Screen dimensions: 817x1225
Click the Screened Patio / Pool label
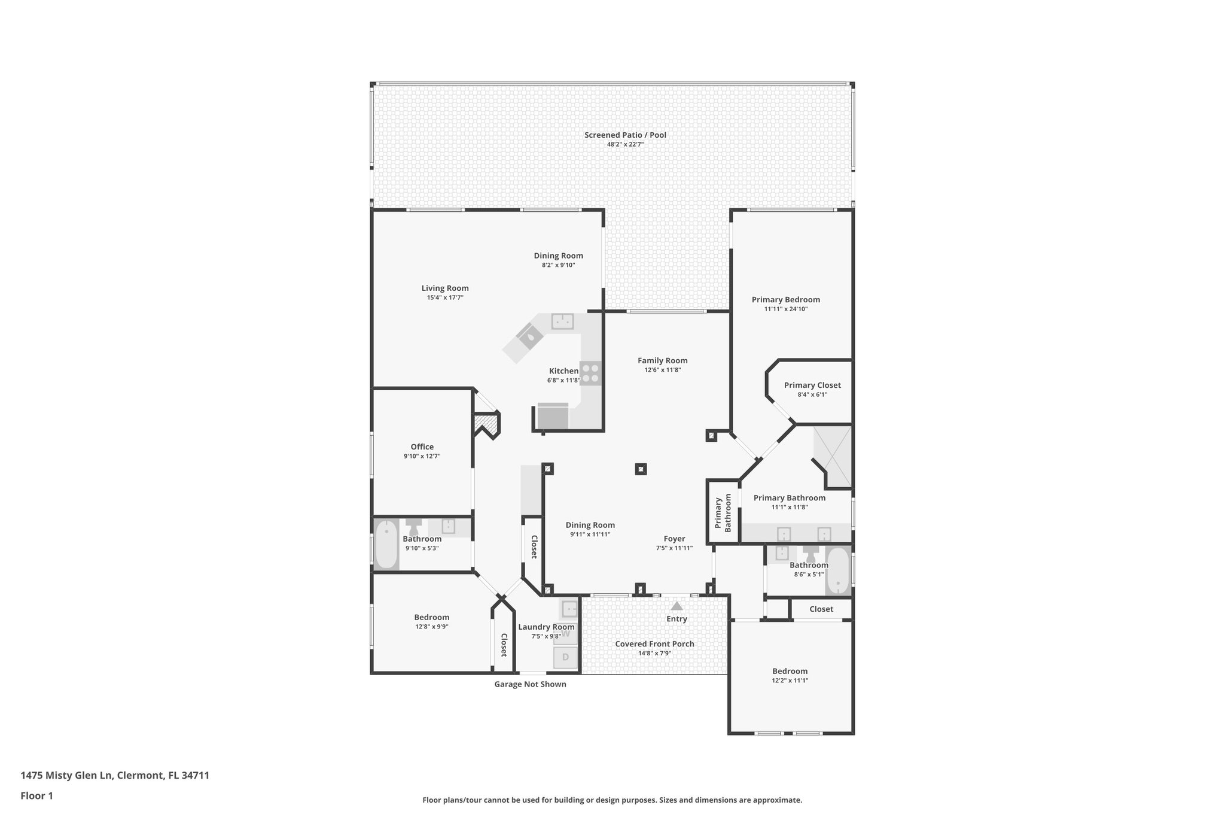pos(625,135)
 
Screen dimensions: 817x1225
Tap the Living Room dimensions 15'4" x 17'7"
pos(445,297)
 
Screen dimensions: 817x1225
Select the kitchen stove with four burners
pos(590,373)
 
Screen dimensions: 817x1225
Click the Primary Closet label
pos(812,385)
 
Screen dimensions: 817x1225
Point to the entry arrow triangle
pos(677,606)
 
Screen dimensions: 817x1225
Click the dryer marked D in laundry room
pos(565,658)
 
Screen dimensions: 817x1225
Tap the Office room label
pos(422,447)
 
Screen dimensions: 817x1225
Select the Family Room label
pos(662,360)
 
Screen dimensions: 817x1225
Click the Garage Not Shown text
pos(530,684)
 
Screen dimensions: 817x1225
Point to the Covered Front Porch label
pos(654,644)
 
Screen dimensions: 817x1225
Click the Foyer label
pos(674,539)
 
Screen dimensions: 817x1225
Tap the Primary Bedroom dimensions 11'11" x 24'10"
pos(786,309)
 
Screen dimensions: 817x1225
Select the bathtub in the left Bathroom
pos(386,545)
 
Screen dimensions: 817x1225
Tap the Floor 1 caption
pos(36,796)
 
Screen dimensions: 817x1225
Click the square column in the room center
pos(641,469)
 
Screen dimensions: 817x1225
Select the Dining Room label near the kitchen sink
pos(558,256)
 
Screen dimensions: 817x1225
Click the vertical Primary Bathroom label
pos(723,512)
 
